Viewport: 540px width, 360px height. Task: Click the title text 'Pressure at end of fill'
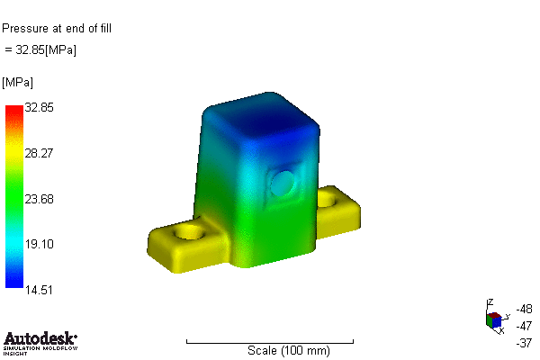tap(56, 28)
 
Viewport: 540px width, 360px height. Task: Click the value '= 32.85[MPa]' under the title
tap(41, 49)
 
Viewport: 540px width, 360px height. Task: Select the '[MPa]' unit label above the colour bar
tap(18, 83)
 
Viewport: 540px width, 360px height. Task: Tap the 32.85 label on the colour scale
tap(40, 107)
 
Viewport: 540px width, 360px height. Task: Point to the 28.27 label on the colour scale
tap(40, 153)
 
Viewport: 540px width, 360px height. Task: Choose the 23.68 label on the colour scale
tap(40, 199)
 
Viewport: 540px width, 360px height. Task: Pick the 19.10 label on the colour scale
tap(40, 244)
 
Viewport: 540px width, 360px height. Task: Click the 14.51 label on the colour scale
tap(40, 289)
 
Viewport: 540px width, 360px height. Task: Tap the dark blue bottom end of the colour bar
tap(13, 283)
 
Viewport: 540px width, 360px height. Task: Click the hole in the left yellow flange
tap(190, 232)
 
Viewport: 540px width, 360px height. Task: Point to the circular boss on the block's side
tap(284, 184)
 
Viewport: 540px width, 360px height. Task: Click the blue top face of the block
tap(261, 117)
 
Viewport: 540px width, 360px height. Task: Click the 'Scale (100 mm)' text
tap(288, 350)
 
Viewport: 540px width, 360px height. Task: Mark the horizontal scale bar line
tap(270, 341)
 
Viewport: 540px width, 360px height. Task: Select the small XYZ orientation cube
tap(493, 319)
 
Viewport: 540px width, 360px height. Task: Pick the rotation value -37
tap(525, 342)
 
